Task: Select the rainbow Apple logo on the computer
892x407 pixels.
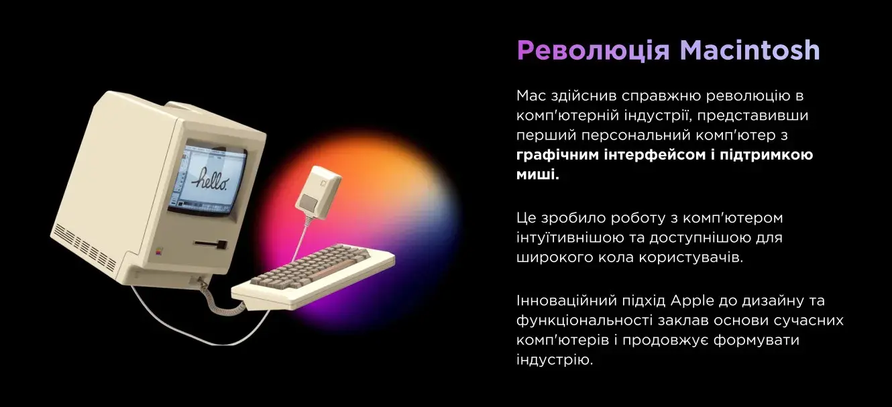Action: [159, 251]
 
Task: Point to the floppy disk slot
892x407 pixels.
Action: [211, 243]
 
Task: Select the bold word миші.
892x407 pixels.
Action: [538, 174]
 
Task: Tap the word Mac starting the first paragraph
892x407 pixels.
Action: [531, 96]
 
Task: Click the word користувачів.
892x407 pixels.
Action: [691, 257]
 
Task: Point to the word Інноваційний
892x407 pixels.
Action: [565, 300]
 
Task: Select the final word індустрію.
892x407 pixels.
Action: [555, 360]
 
